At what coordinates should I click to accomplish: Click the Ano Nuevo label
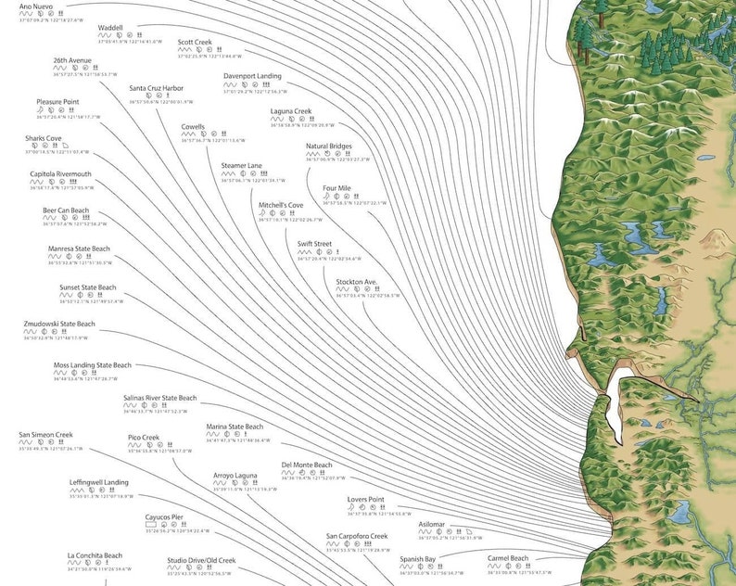[x=35, y=6]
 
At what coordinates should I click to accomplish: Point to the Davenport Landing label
[x=252, y=76]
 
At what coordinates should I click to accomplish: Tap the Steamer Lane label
[x=241, y=165]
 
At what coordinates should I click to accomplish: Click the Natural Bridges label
[x=329, y=146]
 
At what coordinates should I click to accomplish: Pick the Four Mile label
[x=336, y=188]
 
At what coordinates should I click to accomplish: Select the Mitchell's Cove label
[x=281, y=205]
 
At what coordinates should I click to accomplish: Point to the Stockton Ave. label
[x=356, y=281]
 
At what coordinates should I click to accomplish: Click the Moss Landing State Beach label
[x=93, y=365]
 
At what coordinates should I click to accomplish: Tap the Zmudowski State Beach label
[x=59, y=324]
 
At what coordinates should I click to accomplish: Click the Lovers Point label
[x=365, y=499]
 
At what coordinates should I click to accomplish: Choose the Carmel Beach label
[x=508, y=558]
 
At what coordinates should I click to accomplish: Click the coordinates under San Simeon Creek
[x=50, y=448]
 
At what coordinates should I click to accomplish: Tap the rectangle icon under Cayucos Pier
[x=150, y=525]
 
